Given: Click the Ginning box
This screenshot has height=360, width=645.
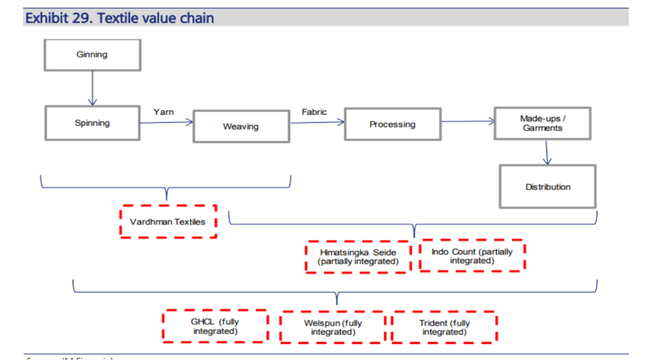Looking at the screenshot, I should (x=92, y=55).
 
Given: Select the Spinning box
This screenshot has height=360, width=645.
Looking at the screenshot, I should (x=92, y=123).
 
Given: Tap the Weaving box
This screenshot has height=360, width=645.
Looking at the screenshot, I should (x=241, y=126).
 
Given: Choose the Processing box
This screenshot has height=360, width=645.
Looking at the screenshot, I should (x=392, y=124).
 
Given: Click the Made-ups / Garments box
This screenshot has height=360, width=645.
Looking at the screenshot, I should (x=542, y=123).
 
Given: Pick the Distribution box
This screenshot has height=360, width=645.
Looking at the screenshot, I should (x=547, y=187).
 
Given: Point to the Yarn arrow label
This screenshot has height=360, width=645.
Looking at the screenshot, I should (x=163, y=112).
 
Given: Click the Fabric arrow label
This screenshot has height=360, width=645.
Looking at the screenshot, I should (x=314, y=112).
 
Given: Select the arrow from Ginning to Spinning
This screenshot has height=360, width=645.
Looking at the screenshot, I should (x=92, y=88).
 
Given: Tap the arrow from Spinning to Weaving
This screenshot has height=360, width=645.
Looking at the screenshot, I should (x=167, y=123).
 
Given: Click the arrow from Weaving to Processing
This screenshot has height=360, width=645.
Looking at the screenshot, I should (x=317, y=123).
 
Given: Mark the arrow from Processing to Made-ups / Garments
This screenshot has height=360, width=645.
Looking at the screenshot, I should (x=468, y=122).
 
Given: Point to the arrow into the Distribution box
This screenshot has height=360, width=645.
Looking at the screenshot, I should (x=546, y=152).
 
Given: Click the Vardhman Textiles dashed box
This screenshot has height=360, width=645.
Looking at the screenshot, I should (x=168, y=222).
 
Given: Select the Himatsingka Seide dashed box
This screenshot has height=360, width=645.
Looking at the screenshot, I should (x=358, y=257).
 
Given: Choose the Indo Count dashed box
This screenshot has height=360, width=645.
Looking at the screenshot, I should (x=472, y=256).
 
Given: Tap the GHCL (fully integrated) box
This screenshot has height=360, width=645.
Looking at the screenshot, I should (x=215, y=326).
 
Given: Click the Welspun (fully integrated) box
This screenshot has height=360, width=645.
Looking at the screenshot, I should (x=332, y=328).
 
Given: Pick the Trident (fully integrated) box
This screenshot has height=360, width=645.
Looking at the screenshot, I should (x=444, y=328).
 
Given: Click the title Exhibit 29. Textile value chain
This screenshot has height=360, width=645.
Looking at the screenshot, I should (x=120, y=18).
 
